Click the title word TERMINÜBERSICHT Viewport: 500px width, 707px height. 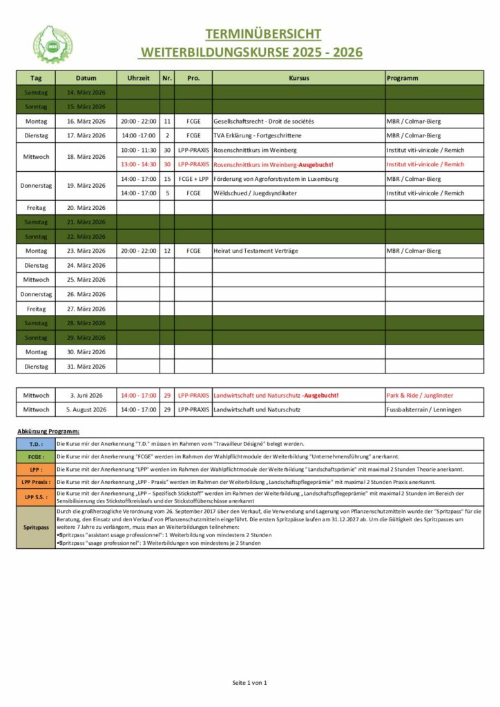(x=262, y=34)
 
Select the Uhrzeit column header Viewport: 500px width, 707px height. (x=138, y=78)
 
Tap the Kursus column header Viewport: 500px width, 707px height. (x=298, y=78)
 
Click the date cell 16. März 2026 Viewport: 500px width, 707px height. (x=86, y=121)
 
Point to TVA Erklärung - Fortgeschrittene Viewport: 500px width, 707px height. (x=258, y=135)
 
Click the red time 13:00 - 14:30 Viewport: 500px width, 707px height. (x=138, y=164)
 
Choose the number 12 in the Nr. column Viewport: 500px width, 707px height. (x=167, y=251)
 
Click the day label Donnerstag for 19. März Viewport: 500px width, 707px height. (x=36, y=186)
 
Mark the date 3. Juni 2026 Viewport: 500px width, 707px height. (x=86, y=395)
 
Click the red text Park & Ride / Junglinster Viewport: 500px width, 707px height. (x=420, y=395)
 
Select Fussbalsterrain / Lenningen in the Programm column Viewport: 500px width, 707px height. (x=424, y=409)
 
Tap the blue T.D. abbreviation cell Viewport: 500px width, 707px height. (x=36, y=444)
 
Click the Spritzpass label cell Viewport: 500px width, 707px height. (x=36, y=527)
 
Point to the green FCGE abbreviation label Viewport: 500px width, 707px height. (x=36, y=456)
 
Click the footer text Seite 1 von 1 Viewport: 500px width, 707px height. (x=249, y=683)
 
